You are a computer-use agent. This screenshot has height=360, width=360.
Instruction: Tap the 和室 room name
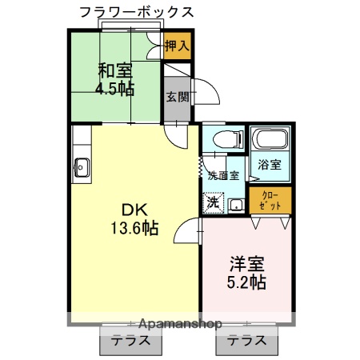click(115, 70)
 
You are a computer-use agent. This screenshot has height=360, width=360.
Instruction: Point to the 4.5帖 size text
click(115, 89)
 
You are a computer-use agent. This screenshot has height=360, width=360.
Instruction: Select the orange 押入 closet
click(176, 46)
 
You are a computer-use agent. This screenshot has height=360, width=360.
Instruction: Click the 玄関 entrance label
click(177, 98)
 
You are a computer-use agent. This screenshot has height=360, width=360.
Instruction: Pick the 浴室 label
click(269, 166)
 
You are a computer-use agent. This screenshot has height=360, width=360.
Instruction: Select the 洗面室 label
click(223, 175)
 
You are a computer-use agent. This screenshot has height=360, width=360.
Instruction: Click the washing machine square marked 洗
click(213, 202)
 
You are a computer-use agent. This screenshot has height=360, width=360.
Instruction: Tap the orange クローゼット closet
click(271, 202)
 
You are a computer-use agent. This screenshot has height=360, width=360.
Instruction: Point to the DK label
click(134, 210)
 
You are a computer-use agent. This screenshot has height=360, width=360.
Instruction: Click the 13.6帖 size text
click(134, 229)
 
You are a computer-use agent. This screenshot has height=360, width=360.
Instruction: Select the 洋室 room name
click(247, 263)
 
